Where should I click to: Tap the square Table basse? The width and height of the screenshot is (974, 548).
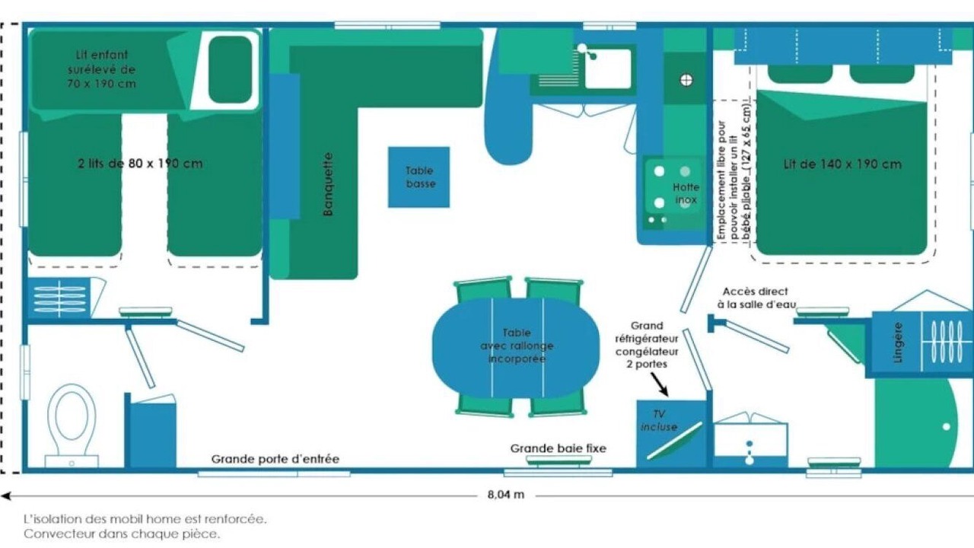coord(419,177)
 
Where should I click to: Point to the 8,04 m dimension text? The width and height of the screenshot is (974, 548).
coord(506,495)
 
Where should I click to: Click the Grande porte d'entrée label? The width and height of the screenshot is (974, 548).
coord(275,459)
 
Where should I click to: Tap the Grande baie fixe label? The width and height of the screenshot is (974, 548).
coord(558,448)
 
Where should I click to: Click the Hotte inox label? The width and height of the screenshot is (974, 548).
coord(685,193)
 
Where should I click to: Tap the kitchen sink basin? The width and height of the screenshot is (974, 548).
coord(607,68)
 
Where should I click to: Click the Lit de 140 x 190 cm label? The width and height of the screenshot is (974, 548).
coord(842,164)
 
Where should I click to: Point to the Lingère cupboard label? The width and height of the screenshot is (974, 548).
coord(898,342)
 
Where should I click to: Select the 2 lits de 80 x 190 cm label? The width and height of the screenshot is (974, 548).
coord(140,163)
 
